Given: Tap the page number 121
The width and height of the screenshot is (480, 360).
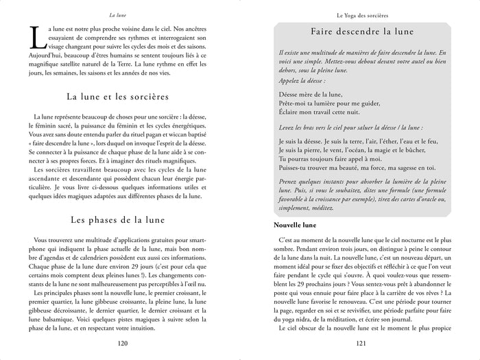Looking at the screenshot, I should pos(356,344).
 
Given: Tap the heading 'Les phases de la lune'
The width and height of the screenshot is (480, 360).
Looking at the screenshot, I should pos(122,220).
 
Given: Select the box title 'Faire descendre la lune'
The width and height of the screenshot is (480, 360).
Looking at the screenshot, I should pos(357,32).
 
